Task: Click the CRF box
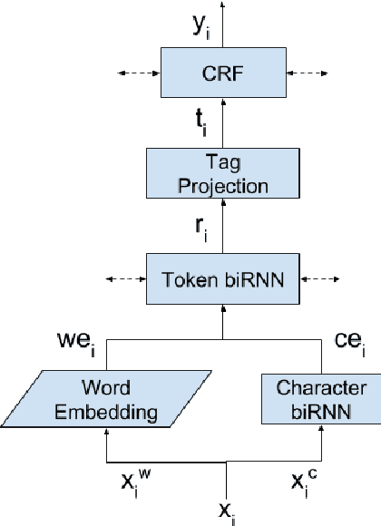point(223,73)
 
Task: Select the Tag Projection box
point(223,175)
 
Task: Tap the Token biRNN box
point(223,280)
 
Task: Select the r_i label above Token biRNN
point(202,229)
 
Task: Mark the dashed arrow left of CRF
point(134,73)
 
